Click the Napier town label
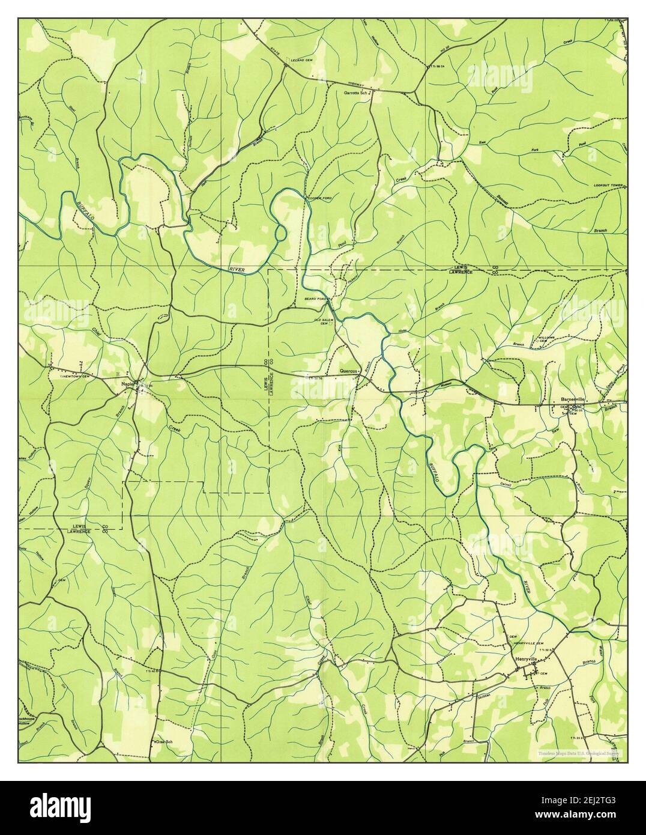[126, 384]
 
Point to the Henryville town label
[527, 660]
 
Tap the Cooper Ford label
[319, 197]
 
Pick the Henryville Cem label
[528, 643]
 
